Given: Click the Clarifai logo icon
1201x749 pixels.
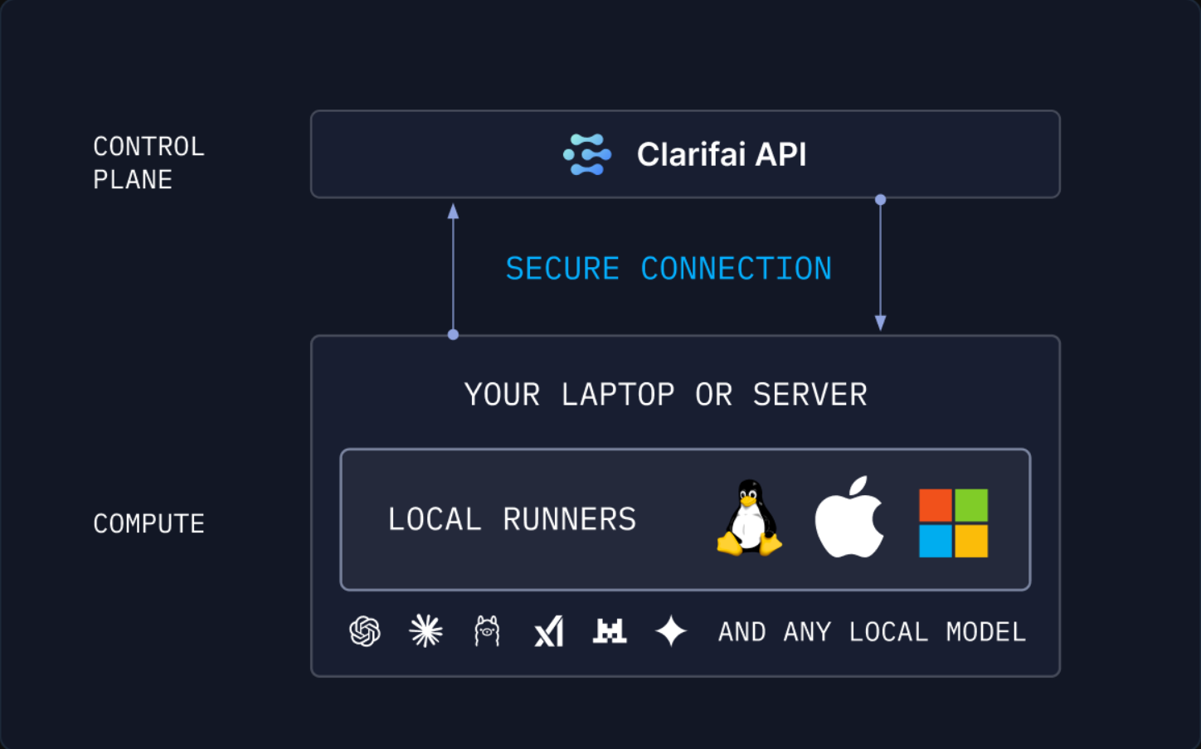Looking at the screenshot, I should click(587, 154).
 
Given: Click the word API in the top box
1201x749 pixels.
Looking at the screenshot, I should click(780, 154).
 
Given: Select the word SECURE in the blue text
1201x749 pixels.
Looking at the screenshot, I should click(562, 269).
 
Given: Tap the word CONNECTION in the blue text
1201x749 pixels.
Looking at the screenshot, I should click(736, 269).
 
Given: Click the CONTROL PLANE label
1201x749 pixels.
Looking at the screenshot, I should click(148, 163).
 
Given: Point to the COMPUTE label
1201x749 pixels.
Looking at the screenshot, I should click(148, 523).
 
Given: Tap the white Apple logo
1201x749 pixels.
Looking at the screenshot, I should click(848, 519).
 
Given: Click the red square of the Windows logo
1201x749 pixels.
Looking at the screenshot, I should click(936, 505).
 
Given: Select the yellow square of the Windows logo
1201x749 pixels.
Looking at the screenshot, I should click(971, 541).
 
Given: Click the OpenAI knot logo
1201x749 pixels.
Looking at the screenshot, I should click(365, 631).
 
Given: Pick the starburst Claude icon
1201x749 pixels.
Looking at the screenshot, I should click(426, 631).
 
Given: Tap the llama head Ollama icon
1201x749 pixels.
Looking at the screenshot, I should click(487, 631).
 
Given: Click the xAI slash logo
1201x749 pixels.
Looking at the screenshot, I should click(549, 631).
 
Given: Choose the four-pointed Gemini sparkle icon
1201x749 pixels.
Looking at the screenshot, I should click(671, 631).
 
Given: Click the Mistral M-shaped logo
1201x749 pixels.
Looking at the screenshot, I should click(610, 631).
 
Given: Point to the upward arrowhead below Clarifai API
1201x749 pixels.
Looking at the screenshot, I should click(453, 212).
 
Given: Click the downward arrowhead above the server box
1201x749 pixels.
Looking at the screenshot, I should click(881, 323).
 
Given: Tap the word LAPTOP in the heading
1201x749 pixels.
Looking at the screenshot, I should click(618, 395).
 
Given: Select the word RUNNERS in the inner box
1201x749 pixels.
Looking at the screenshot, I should click(569, 519).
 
